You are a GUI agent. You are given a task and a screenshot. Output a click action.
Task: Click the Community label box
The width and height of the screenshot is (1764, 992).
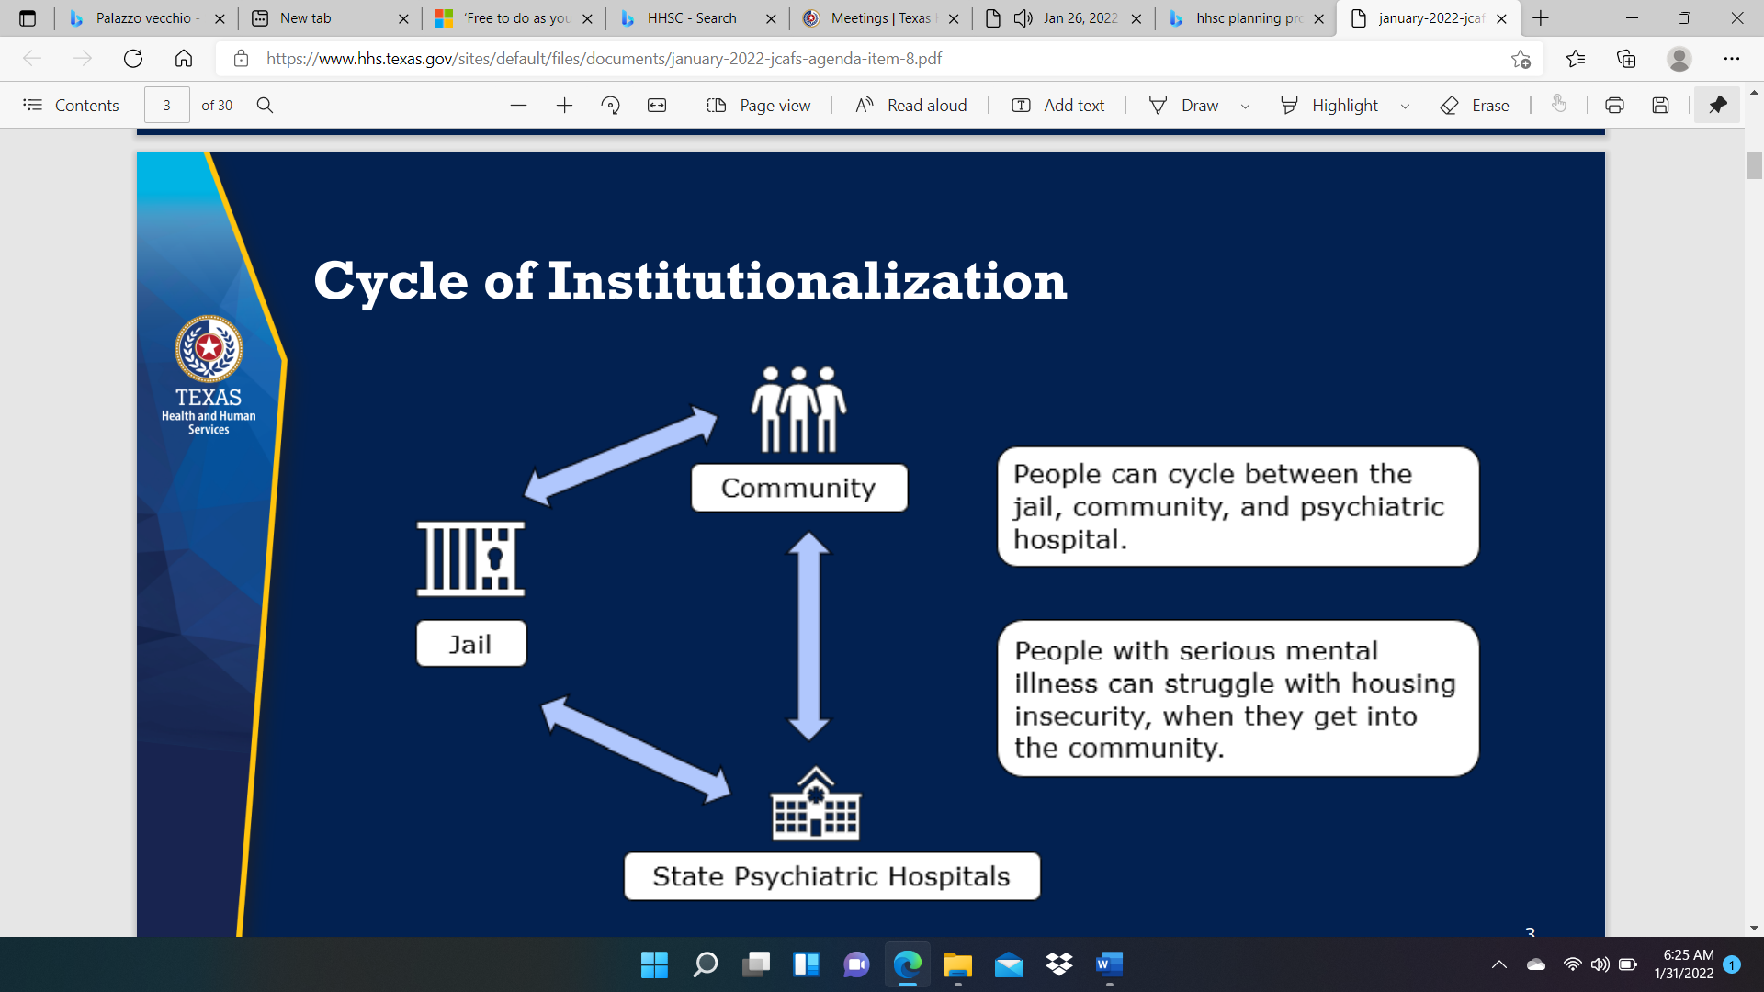[799, 488]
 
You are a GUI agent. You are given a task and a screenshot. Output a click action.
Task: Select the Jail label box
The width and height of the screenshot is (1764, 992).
[471, 643]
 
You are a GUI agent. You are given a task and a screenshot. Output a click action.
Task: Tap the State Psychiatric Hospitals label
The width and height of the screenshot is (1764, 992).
[831, 876]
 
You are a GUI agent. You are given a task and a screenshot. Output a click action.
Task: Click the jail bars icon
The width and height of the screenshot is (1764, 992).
[470, 558]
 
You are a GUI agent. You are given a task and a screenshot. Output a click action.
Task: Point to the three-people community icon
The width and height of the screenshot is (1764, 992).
[798, 410]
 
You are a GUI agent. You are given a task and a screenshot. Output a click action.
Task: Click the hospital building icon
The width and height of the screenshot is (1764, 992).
[816, 804]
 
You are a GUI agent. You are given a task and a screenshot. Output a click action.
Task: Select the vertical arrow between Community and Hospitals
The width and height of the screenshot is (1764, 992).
[808, 636]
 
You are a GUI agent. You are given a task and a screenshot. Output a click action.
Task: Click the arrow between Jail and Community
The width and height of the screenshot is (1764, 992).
[621, 456]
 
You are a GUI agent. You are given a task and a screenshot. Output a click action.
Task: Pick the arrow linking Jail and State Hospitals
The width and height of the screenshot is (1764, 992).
[636, 749]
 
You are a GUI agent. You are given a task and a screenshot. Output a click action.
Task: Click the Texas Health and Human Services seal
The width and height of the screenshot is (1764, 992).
[209, 349]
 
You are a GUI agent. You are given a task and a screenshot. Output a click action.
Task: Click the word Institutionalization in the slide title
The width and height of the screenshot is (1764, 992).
[808, 281]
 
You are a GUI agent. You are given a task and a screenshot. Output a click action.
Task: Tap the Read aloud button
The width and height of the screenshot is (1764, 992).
[910, 106]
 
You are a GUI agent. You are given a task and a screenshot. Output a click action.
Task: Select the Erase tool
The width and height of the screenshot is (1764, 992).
[1475, 106]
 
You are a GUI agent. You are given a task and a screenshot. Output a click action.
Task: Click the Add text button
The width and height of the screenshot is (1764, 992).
[1057, 106]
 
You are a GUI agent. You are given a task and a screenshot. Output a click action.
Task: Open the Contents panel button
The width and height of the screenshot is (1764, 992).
[71, 106]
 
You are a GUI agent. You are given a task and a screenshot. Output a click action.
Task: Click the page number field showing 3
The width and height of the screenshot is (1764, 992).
[167, 106]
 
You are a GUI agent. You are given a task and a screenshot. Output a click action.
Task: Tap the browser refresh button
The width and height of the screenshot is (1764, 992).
[133, 59]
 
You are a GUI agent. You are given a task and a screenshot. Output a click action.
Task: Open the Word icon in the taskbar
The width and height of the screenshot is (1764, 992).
[1109, 964]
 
